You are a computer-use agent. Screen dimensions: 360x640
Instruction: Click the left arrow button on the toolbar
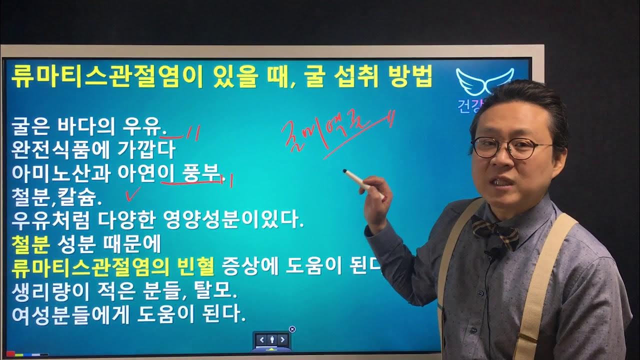click(261, 340)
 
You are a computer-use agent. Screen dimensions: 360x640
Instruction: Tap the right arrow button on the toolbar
click(282, 340)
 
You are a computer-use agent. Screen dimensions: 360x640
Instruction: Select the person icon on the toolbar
click(271, 340)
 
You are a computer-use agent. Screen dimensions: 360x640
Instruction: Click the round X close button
click(292, 329)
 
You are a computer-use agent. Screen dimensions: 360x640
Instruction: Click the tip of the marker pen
click(345, 172)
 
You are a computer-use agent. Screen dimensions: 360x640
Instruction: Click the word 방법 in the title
click(410, 78)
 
